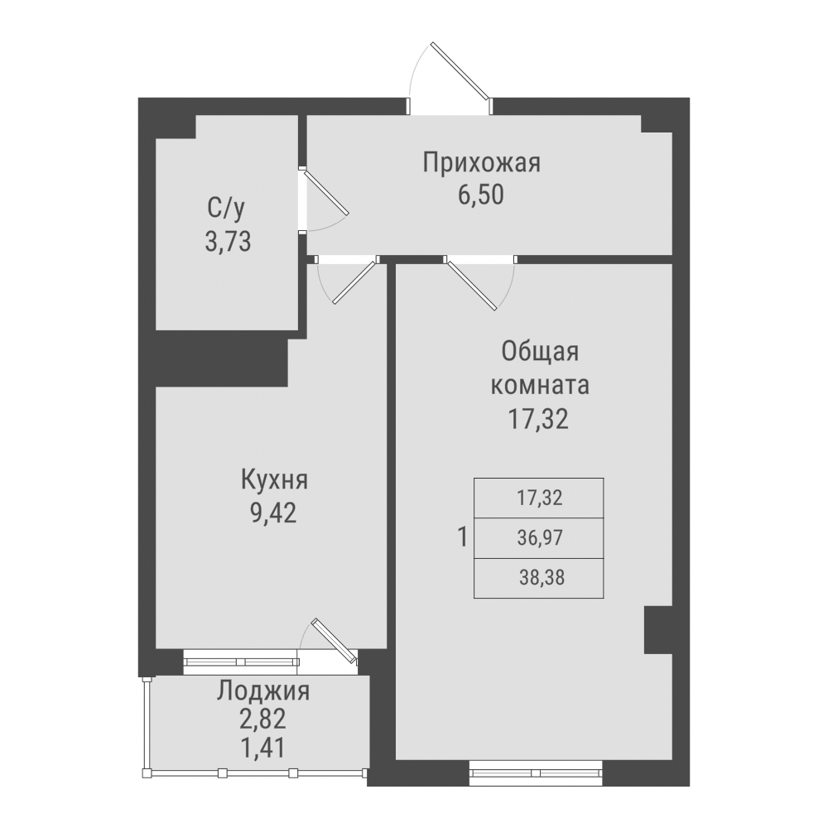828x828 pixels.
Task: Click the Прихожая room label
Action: tap(481, 162)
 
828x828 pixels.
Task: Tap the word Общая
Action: tap(539, 352)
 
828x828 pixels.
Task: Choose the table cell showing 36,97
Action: tap(539, 538)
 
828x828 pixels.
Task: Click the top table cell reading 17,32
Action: tap(539, 498)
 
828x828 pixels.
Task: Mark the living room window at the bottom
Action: tap(536, 774)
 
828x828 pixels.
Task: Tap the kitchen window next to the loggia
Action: tap(241, 661)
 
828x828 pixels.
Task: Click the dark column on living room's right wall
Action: tap(658, 630)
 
